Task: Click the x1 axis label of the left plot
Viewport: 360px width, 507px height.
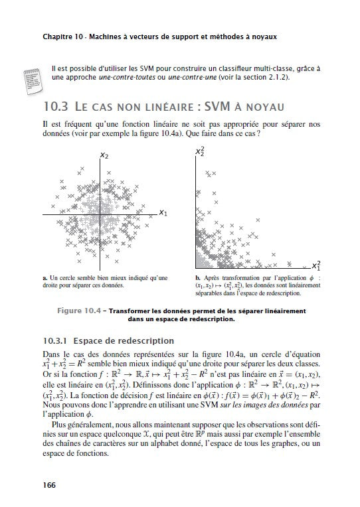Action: pyautogui.click(x=163, y=214)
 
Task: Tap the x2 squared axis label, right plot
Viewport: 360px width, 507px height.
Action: pyautogui.click(x=199, y=153)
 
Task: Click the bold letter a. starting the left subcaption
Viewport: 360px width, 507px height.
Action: pyautogui.click(x=44, y=279)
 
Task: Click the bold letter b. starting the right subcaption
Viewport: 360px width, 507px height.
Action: pyautogui.click(x=199, y=279)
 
